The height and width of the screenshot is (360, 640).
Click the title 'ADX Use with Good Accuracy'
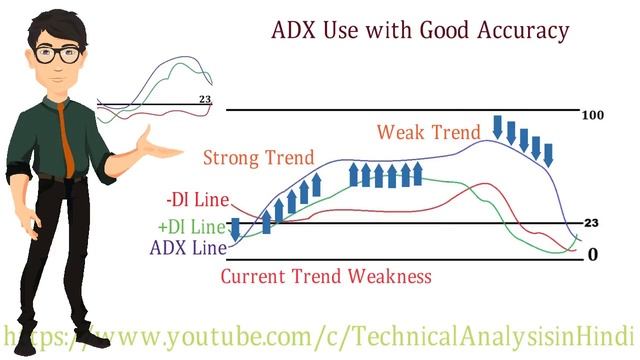tap(421, 31)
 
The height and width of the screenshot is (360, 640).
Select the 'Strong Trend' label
tap(258, 158)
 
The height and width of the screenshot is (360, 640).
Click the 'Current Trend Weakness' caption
tap(326, 275)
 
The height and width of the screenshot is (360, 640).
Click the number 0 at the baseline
tap(593, 254)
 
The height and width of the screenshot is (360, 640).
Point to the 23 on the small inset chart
tap(205, 100)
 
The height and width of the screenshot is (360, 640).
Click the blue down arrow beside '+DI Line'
tap(235, 230)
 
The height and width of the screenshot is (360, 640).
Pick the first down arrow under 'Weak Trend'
tap(498, 127)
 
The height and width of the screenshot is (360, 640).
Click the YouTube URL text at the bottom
tap(320, 333)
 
